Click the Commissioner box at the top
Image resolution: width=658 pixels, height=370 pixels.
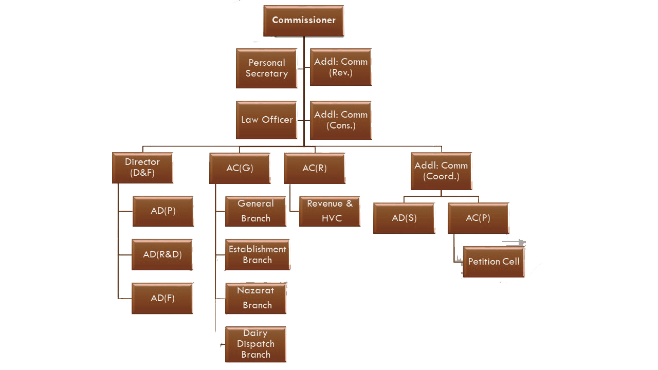(303, 21)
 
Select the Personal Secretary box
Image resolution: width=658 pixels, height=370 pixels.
(266, 68)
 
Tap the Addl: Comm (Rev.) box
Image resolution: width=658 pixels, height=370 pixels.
(341, 67)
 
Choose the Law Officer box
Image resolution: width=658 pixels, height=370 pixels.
(266, 120)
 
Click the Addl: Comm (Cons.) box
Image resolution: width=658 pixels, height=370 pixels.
(341, 120)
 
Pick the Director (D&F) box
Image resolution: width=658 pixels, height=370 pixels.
(142, 168)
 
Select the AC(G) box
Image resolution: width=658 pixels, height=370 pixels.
(240, 168)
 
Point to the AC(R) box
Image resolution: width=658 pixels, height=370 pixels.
(314, 168)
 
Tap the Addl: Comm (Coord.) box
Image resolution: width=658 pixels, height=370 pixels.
(441, 171)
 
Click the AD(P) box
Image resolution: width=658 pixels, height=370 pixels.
(163, 211)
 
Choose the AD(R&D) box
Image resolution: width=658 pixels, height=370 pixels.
(162, 254)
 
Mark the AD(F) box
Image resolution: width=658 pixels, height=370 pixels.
(162, 298)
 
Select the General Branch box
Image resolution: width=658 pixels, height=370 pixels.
(255, 211)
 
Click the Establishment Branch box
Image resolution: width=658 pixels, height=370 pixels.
(257, 254)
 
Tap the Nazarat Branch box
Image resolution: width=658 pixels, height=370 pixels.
(255, 298)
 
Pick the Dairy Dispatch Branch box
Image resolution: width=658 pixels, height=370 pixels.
(255, 344)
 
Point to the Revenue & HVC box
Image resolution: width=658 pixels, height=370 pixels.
(330, 211)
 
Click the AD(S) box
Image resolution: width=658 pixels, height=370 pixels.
(404, 218)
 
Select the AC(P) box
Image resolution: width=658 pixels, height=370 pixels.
(478, 218)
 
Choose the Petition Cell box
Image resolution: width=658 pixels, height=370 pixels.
(493, 262)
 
